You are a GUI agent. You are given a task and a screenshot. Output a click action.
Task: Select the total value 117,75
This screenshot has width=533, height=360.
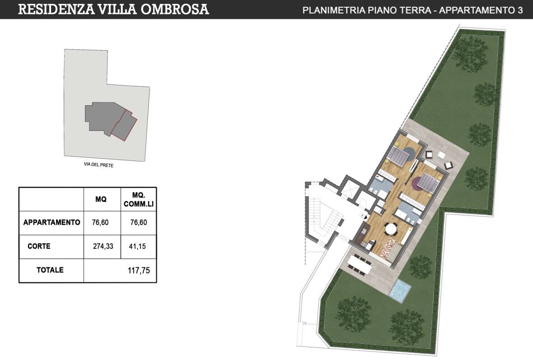tap(139, 271)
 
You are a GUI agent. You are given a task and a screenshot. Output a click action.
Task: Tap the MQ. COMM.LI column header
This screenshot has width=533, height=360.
tap(139, 199)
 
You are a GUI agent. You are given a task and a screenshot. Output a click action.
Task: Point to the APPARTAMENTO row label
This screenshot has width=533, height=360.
tap(51, 222)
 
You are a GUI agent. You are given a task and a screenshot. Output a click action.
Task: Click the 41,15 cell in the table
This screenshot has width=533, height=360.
tap(139, 247)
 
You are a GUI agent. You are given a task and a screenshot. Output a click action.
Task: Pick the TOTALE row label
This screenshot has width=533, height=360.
tap(50, 271)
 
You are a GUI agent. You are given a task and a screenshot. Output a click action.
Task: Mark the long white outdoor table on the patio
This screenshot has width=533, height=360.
tap(360, 264)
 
